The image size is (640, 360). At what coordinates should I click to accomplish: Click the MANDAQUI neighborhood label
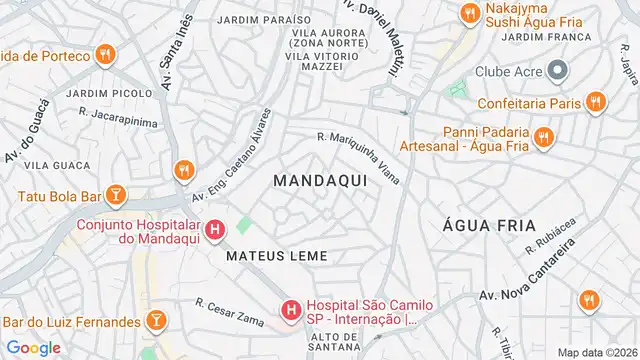(x=319, y=180)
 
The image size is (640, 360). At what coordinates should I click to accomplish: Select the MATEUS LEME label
(x=277, y=256)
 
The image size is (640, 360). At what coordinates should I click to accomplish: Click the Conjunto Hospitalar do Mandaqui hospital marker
(x=214, y=233)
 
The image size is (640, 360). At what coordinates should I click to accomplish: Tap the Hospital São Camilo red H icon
(x=291, y=311)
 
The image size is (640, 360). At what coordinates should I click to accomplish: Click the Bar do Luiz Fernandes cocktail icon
(x=155, y=321)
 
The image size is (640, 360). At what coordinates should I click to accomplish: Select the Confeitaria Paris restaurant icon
(x=596, y=101)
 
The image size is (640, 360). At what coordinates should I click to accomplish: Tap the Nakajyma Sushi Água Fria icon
(x=467, y=13)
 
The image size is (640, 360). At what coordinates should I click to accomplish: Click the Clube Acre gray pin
(x=557, y=70)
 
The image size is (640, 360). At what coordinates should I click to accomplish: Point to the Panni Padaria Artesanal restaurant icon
(x=544, y=137)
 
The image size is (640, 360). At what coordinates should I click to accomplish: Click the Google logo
(x=34, y=347)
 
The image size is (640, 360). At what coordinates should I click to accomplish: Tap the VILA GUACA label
(x=50, y=164)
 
